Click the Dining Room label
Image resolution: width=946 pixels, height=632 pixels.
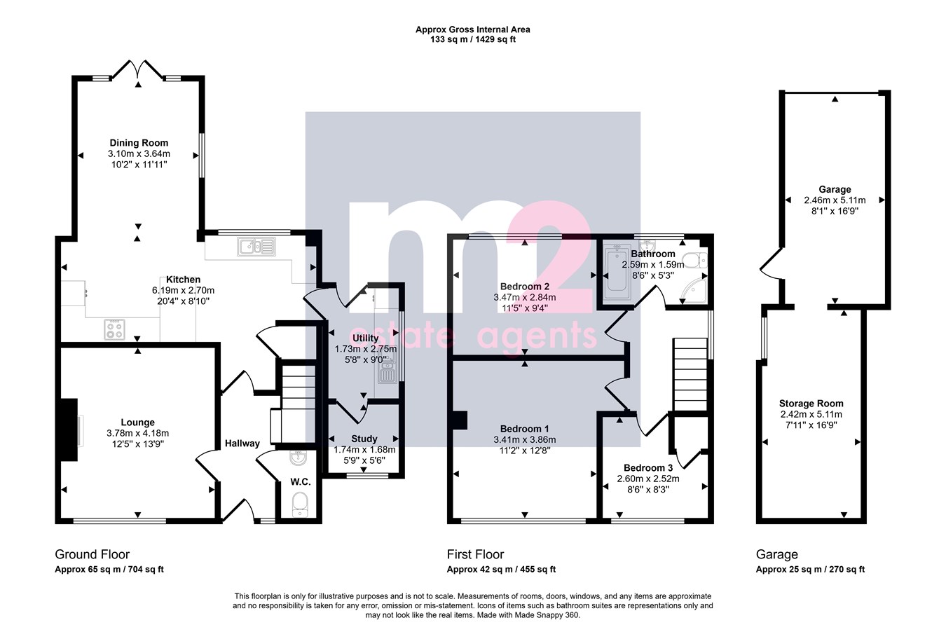[x=139, y=143]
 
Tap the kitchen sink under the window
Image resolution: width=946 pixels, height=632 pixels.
[x=256, y=247]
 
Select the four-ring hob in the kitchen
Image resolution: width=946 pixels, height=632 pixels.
[x=114, y=329]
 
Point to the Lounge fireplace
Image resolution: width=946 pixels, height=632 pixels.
[x=69, y=430]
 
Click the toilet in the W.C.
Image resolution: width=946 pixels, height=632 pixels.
[x=301, y=504]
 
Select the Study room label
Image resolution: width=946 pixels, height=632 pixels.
[x=364, y=439]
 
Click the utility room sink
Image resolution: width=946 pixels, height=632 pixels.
[x=388, y=370]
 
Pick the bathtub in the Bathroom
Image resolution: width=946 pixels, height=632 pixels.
[x=617, y=271]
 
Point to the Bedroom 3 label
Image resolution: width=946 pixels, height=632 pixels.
[x=648, y=468]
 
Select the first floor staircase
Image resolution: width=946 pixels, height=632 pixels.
[x=690, y=374]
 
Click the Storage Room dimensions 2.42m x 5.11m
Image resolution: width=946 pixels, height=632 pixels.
[x=811, y=414]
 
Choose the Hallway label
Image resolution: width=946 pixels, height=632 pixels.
[x=242, y=444]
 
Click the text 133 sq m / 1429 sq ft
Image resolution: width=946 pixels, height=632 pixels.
[x=473, y=40]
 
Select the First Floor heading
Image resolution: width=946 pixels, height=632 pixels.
[x=476, y=554]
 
